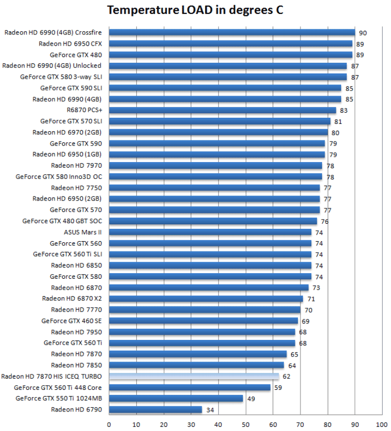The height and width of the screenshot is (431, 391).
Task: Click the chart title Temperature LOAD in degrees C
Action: [195, 10]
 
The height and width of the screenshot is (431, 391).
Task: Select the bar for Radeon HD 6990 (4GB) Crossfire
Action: [232, 32]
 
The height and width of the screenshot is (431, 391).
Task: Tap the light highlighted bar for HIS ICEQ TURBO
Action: [194, 376]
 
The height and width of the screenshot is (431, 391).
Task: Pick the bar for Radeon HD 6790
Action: [155, 409]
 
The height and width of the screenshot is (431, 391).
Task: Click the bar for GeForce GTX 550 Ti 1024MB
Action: [176, 398]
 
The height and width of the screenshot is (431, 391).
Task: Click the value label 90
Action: [362, 33]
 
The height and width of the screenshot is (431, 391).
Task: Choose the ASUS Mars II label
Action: [83, 232]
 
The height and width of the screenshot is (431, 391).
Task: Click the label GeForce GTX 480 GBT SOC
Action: [62, 221]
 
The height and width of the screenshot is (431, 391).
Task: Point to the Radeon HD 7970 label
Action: [76, 166]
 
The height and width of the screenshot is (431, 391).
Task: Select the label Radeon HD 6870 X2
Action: [72, 298]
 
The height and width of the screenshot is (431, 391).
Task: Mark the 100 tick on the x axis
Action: [382, 425]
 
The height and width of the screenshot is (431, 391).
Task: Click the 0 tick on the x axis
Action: [109, 425]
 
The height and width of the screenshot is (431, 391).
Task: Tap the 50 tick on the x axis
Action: [245, 425]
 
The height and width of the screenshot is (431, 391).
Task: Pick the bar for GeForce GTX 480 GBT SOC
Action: [213, 221]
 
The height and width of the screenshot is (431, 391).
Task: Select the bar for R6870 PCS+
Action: [222, 110]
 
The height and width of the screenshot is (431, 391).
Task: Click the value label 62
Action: [286, 377]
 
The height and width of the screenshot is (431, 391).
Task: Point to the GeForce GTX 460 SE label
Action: [72, 320]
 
